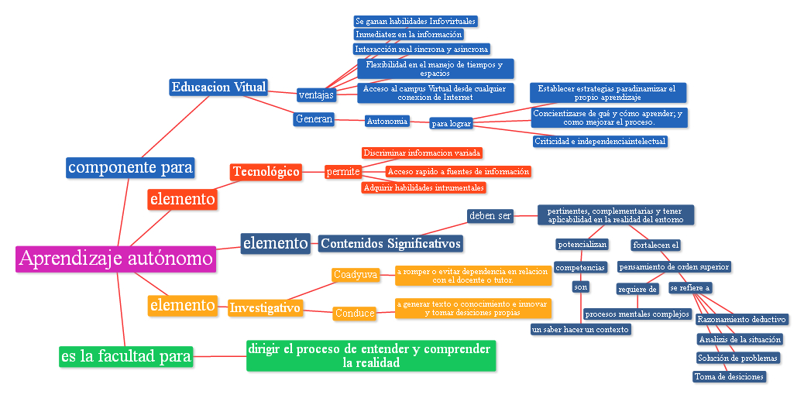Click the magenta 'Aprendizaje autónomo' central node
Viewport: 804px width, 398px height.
(115, 259)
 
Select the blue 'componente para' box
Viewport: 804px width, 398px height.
(129, 167)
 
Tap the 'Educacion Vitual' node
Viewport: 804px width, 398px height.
(218, 87)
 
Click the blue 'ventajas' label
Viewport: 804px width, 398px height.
(316, 95)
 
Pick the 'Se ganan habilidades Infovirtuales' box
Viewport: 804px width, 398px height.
(415, 21)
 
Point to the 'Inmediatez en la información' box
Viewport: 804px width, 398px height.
(409, 34)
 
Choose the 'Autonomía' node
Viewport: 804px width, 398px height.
(387, 121)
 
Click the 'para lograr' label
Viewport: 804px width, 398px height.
(451, 123)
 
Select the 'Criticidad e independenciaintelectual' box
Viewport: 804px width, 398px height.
(600, 141)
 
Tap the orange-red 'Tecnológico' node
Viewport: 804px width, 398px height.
(266, 171)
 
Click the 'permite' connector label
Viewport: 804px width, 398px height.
(343, 171)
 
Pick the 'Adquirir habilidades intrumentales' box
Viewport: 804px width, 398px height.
(424, 187)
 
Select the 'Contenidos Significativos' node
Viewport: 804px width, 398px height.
(390, 244)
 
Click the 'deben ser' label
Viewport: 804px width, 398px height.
(490, 215)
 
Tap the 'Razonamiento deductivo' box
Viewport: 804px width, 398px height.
(742, 319)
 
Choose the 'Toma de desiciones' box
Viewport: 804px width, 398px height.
(729, 376)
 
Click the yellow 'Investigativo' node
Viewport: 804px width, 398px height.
(265, 308)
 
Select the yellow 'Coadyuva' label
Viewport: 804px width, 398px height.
(356, 274)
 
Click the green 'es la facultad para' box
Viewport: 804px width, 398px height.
(125, 356)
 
